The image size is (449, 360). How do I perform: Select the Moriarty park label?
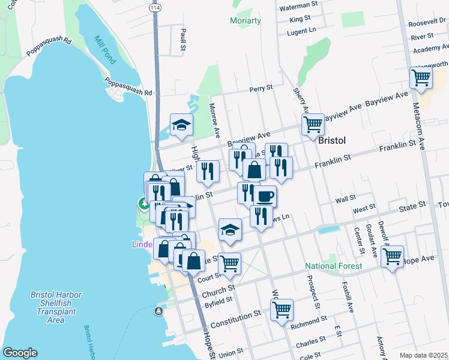246,21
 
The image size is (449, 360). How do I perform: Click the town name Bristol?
331,140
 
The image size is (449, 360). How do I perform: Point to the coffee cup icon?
265,196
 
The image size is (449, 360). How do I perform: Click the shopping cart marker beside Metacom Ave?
421,77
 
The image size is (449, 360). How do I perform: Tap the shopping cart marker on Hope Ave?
392,257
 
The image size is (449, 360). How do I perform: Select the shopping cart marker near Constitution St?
282,310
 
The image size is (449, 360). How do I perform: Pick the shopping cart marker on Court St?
229,264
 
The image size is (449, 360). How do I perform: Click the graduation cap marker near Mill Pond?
181,125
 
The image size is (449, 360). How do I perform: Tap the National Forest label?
333,266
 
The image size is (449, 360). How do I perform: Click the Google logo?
20,352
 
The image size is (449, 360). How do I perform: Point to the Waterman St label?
298,4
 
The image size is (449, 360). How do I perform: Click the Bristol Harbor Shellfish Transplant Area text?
56,307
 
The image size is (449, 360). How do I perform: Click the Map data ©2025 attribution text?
423,355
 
